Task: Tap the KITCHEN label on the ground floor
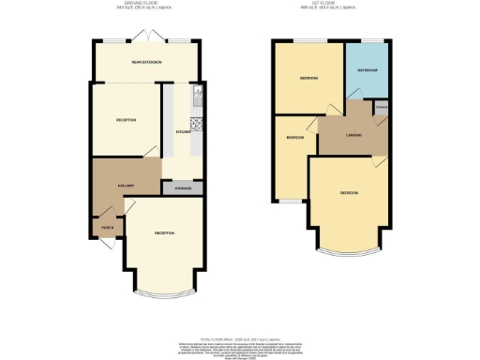point(184,131)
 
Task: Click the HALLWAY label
point(111,185)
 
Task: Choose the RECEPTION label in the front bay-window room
point(164,232)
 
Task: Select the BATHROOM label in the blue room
point(367,70)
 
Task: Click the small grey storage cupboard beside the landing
point(382,109)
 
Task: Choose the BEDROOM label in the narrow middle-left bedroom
point(294,137)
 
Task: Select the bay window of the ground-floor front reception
point(164,293)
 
